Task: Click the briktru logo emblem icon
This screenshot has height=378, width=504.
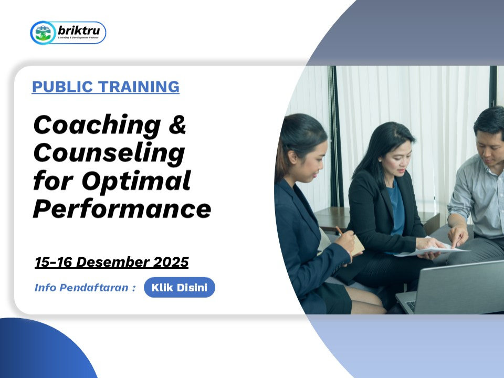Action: [x=43, y=33]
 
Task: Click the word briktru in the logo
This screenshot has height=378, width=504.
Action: [x=79, y=31]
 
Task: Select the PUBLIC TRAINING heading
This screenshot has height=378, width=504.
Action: [x=106, y=87]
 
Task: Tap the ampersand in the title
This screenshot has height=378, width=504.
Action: [x=177, y=124]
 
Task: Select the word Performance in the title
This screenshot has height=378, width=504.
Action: [x=122, y=209]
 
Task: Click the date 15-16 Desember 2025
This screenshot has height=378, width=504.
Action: [x=111, y=262]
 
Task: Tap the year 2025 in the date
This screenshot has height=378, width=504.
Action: [x=171, y=262]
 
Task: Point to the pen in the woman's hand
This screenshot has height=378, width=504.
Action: [x=339, y=230]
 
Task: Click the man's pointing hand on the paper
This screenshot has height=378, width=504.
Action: [x=458, y=236]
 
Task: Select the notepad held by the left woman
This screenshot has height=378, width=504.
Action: [x=357, y=244]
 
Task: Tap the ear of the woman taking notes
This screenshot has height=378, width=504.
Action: [x=292, y=157]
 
